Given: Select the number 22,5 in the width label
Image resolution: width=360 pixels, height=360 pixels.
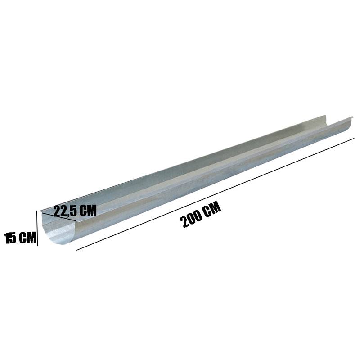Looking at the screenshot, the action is point(64,211).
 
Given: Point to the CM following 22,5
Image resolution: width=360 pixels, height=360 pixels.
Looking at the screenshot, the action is point(87,210).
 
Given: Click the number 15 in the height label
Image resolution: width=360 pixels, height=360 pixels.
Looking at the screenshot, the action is point(10,238).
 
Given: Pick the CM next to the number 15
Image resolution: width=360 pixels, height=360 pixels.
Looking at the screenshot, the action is point(27,238).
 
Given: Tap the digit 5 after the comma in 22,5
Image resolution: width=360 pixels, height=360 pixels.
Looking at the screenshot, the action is point(72,211).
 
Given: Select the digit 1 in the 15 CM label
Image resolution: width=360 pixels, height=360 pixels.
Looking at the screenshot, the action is point(7,238).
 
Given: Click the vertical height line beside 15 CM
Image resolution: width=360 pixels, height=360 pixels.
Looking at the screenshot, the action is point(37,228).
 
